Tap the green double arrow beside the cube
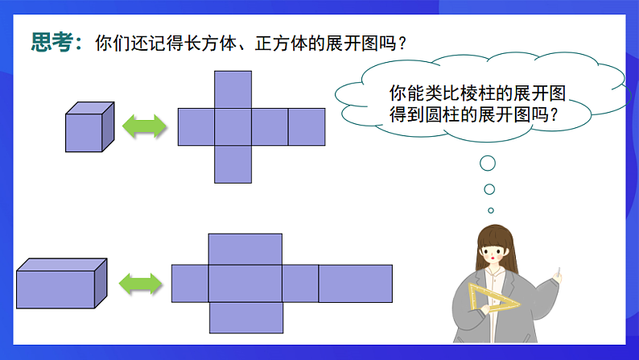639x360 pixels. click(144, 126)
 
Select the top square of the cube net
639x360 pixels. click(233, 89)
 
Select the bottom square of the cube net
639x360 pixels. click(233, 163)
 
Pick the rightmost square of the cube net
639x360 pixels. click(307, 126)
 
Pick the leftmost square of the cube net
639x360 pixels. click(196, 126)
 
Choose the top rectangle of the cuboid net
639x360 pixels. click(245, 249)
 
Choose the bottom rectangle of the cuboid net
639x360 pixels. click(245, 317)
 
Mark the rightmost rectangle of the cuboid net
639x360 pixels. click(356, 283)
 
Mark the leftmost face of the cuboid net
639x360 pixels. click(190, 283)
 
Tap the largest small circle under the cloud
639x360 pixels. click(488, 164)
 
